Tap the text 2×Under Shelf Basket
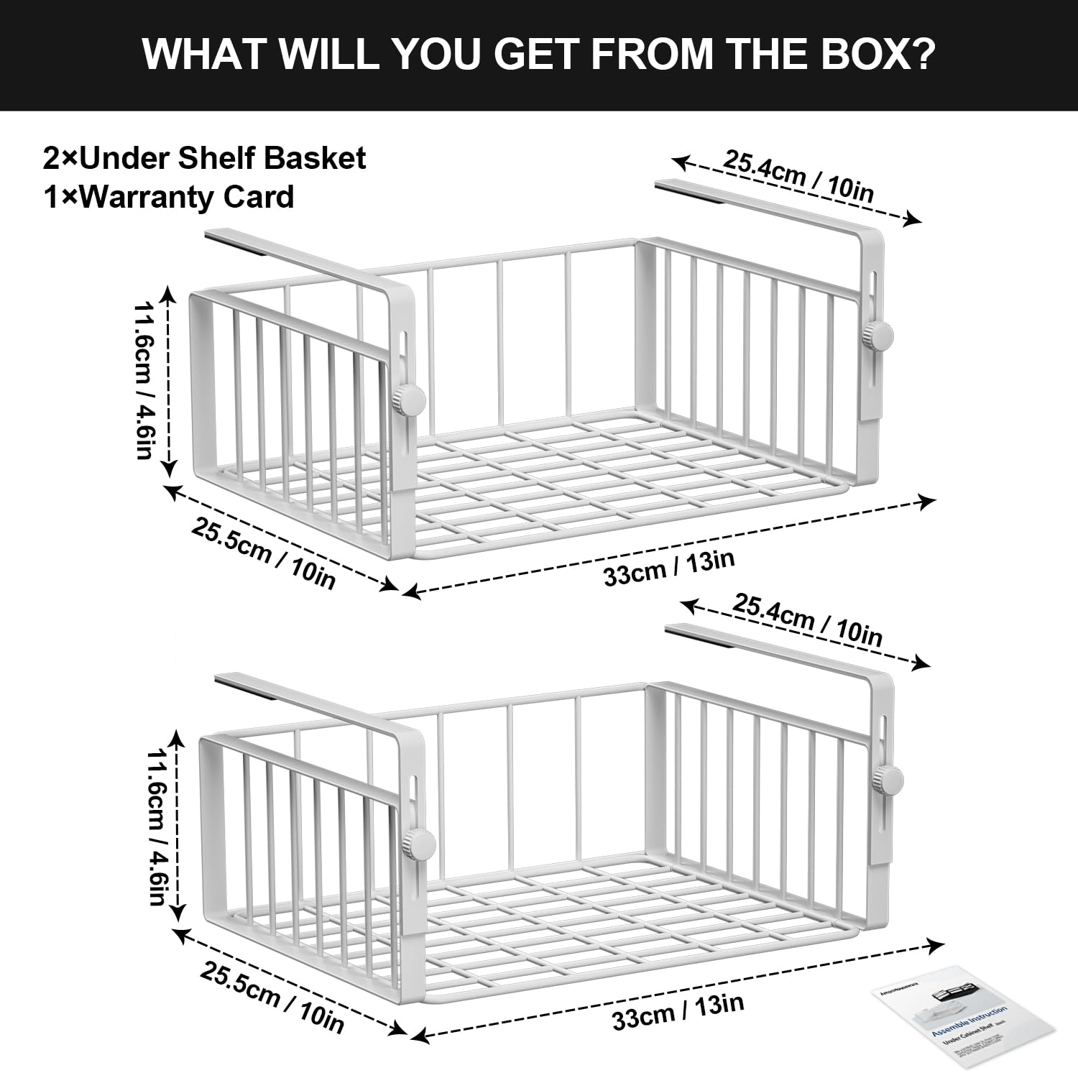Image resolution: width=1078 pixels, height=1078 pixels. point(204,158)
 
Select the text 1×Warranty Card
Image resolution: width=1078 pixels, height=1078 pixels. point(169,197)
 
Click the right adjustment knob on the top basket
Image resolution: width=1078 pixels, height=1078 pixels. point(877,336)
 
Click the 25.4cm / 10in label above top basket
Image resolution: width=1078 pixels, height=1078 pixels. point(798,176)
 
